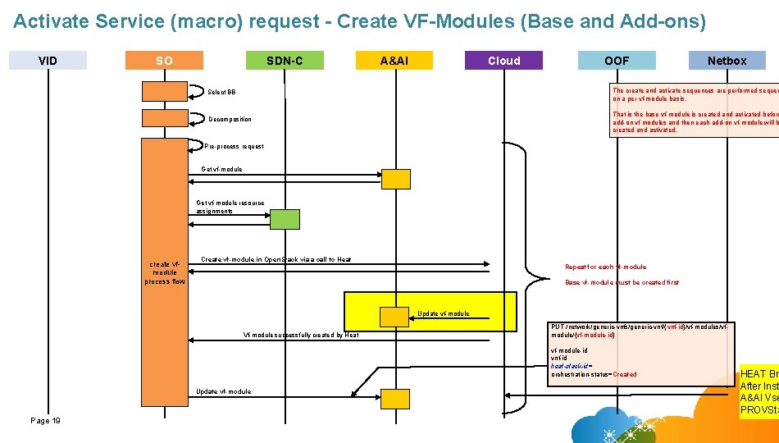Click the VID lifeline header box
pos(48,60)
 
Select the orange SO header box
pos(164,60)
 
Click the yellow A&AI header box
pos(394,60)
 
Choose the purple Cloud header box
pos(503,60)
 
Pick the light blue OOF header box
pos(617,60)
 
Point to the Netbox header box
pos(727,60)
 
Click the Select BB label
pos(221,92)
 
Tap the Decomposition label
pos(230,119)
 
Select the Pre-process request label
pos(235,146)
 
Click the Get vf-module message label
pos(222,169)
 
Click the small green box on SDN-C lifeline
pos(285,219)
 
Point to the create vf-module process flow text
pos(165,272)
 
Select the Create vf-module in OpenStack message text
pos(276,259)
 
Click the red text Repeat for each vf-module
pos(605,267)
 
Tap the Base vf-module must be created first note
pos(622,282)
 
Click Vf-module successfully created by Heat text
pos(301,334)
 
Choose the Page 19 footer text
pos(45,420)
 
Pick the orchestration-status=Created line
pos(594,374)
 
